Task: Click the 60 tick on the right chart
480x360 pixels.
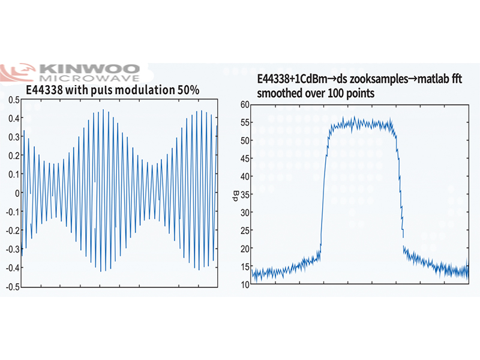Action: click(x=244, y=104)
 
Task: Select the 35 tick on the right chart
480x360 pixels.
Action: click(x=244, y=194)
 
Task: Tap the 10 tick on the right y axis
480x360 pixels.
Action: click(x=244, y=284)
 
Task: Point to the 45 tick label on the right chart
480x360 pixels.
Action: click(x=244, y=158)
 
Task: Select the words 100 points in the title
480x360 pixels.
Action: click(x=350, y=94)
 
